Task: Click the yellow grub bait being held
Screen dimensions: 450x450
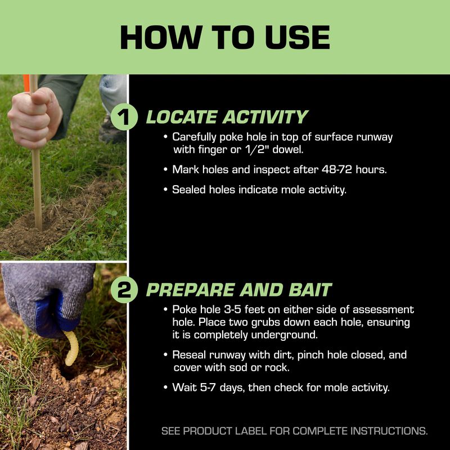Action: (x=71, y=348)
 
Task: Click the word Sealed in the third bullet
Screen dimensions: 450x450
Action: (x=188, y=190)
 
